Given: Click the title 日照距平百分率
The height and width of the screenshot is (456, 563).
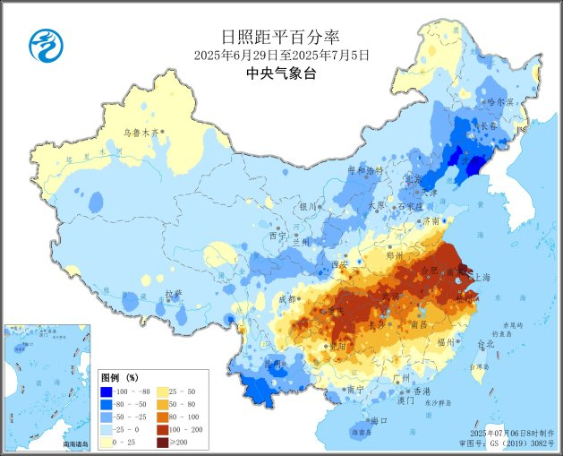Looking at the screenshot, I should coord(281,37).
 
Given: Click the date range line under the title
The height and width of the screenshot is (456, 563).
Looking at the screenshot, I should coord(281,56).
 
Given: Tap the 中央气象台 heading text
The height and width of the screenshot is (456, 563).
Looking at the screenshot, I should coord(281,74).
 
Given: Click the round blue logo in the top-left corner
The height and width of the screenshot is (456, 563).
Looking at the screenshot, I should coord(42,45).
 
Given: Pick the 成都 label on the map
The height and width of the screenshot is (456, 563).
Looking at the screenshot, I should coord(286,298).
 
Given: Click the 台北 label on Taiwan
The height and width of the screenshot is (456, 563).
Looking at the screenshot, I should coord(484,344).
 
